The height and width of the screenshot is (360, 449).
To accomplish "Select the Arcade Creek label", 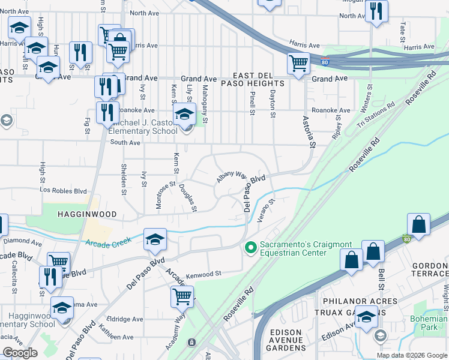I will click(x=108, y=243).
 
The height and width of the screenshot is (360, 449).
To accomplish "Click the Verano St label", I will click(x=265, y=212).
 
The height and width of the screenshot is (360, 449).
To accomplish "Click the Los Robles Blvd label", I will click(x=63, y=191).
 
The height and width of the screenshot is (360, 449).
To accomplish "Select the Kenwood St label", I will click(x=203, y=273).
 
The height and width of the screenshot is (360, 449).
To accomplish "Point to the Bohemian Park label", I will click(x=429, y=323).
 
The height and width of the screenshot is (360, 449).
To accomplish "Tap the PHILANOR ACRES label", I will click(x=360, y=301).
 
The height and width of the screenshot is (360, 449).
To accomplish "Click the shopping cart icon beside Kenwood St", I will click(x=182, y=295).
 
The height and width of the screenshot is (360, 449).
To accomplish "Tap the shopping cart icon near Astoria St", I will click(x=298, y=62).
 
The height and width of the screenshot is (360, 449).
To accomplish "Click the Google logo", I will click(x=20, y=353).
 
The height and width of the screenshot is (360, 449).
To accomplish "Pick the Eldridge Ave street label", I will click(x=124, y=319).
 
